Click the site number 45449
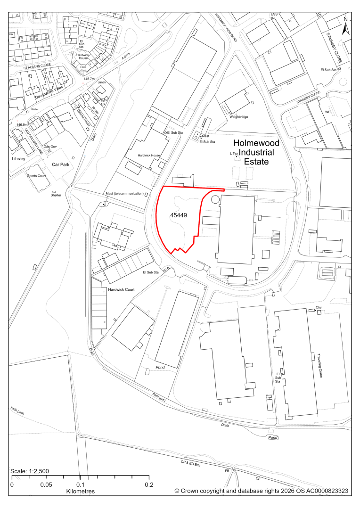(x=179, y=215)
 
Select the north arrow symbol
(x=345, y=26)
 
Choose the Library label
(x=18, y=159)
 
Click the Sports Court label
(x=38, y=176)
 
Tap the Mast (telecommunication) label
(x=124, y=193)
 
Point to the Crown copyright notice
(x=261, y=491)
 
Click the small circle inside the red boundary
(x=215, y=199)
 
